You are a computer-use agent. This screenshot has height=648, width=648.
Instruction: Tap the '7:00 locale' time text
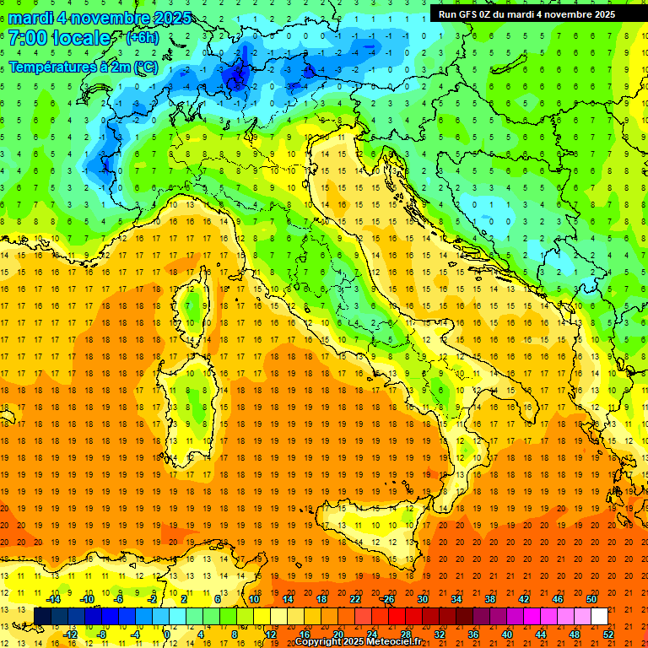tap(59, 38)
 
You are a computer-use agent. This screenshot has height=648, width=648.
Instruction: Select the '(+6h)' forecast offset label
tap(142, 38)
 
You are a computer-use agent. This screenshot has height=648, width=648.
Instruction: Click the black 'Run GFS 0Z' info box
tap(526, 13)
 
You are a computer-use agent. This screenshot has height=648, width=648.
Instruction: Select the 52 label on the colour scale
tap(608, 634)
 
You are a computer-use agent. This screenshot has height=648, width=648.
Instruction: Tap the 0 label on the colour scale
tap(167, 634)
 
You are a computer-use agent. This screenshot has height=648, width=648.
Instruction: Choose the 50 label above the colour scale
tap(591, 598)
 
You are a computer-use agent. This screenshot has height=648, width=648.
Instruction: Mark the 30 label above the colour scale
tap(422, 598)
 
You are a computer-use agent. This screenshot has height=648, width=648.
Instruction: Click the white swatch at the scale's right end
tap(599, 616)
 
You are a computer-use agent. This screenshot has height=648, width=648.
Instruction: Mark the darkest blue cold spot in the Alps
tap(235, 78)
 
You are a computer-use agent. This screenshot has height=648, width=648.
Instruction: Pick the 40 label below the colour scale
tap(507, 634)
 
